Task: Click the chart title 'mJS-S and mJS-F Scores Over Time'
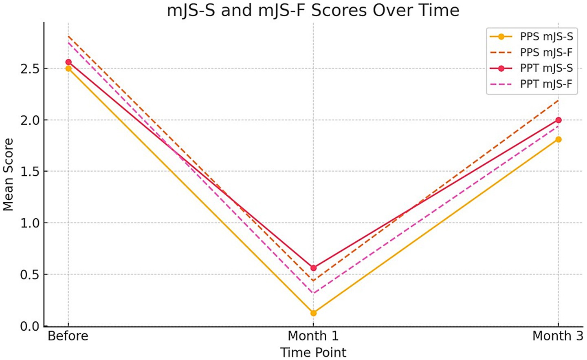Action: tap(313, 10)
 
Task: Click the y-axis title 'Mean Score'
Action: tap(8, 174)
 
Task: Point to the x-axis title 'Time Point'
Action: tap(313, 352)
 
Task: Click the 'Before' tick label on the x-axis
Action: tap(68, 336)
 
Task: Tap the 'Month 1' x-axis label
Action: tap(313, 336)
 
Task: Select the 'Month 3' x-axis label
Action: tap(558, 336)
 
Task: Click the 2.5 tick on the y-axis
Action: tap(30, 68)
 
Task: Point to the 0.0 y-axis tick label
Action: tap(30, 326)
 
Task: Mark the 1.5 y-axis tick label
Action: tap(30, 172)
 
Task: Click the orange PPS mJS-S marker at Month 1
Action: tap(313, 313)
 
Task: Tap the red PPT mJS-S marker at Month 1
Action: tap(313, 268)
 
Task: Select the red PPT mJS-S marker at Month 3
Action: tap(558, 120)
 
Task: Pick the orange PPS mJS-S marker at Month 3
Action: tap(558, 139)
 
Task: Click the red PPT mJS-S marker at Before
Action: tap(68, 62)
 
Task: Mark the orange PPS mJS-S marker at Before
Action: tap(68, 69)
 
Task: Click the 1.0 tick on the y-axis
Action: tap(30, 223)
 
